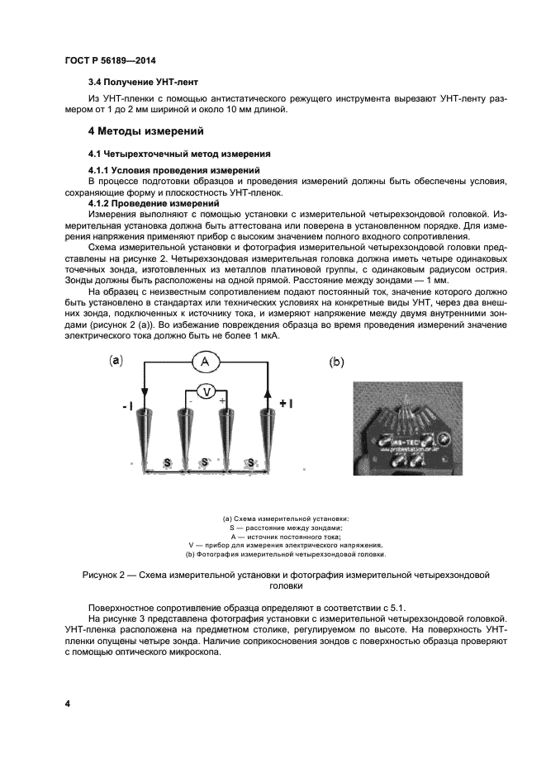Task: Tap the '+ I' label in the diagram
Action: (286, 404)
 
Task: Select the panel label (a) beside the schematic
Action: (116, 360)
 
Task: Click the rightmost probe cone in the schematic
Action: (266, 433)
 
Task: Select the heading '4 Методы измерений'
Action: (145, 131)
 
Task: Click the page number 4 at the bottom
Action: (68, 703)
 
